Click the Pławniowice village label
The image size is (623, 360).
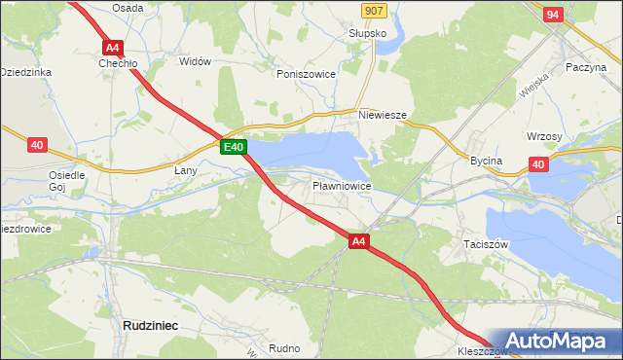point(341,185)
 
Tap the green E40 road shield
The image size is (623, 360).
point(233,147)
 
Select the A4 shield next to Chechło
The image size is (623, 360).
point(113,47)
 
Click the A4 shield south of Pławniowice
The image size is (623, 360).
point(358,241)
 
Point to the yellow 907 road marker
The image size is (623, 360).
point(372,10)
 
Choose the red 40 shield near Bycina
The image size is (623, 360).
point(538,164)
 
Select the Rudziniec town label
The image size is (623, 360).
point(149,326)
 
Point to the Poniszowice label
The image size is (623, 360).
point(306,73)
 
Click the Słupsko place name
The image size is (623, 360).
point(368,32)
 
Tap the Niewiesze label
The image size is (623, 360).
point(382,114)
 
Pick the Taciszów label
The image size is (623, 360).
point(486,245)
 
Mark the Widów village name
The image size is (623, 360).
point(196,61)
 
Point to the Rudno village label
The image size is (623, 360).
point(284,347)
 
